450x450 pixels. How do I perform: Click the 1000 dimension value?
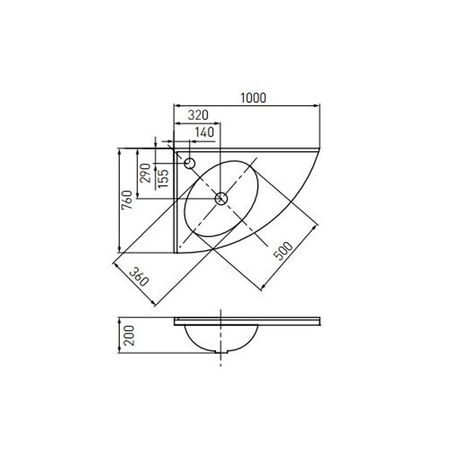pos(253,98)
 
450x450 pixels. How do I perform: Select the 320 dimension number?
pos(198,115)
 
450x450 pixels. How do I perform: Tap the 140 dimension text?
pos(204,132)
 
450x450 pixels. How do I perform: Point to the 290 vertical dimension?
pos(145,173)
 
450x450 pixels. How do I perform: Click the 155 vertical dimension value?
pos(163,178)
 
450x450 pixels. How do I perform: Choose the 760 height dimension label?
pos(127,200)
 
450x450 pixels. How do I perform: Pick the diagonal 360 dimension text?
pos(139,277)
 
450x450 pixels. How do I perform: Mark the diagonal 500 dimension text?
pos(283,250)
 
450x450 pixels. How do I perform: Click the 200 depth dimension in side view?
pos(129,335)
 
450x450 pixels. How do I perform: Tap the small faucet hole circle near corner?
pos(190,164)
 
